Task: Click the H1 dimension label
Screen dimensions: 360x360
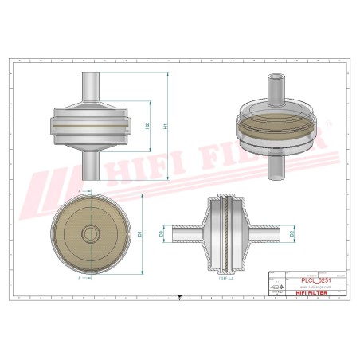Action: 166,127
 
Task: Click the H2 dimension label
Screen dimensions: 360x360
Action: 148,127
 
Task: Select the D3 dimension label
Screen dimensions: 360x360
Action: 162,234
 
